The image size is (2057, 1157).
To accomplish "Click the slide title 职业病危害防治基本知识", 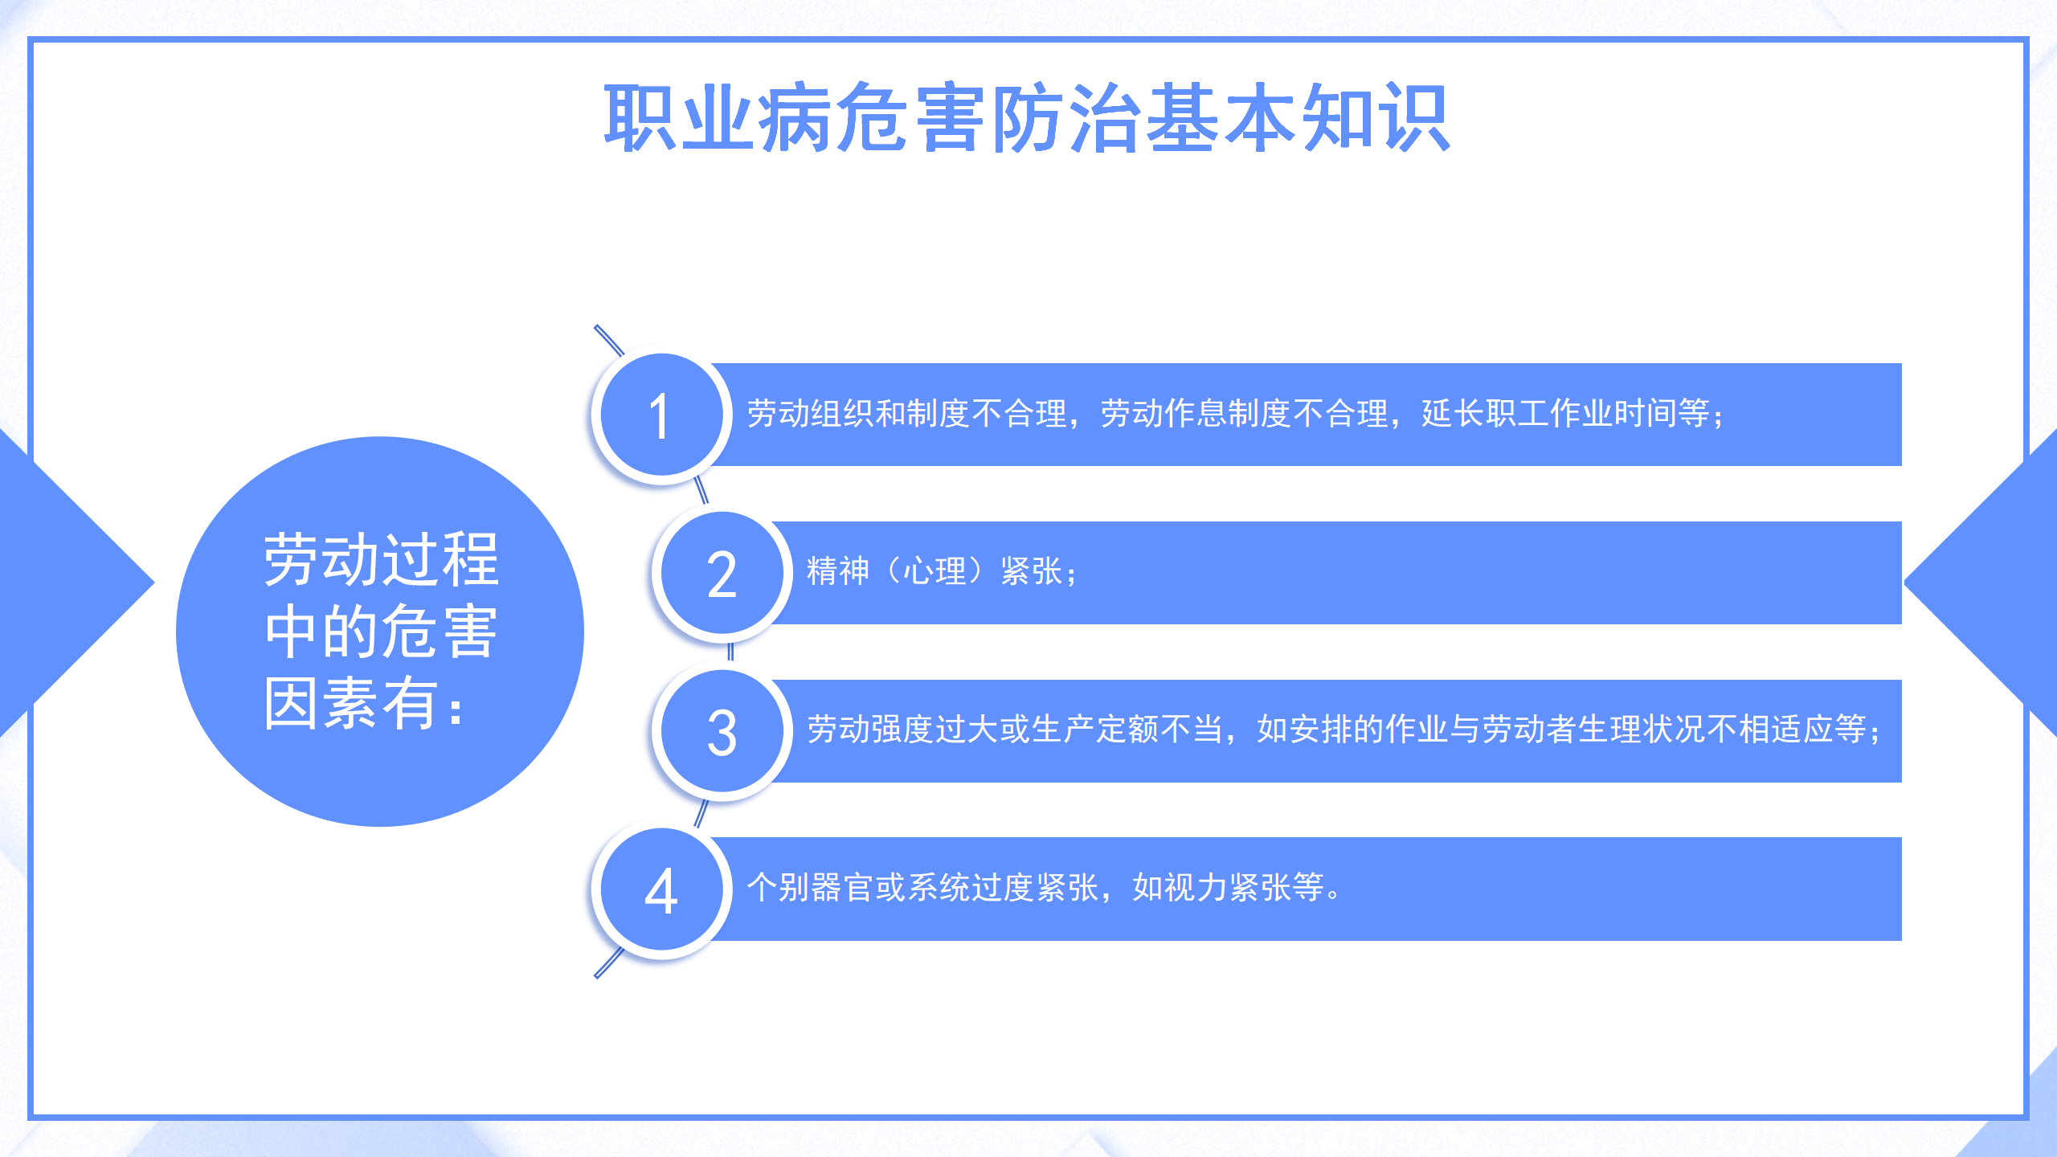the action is (x=1027, y=118).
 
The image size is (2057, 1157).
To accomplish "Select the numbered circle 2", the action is (x=722, y=574).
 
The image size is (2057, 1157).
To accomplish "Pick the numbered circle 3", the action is (x=722, y=732).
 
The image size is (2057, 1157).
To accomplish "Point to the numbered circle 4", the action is (x=661, y=890).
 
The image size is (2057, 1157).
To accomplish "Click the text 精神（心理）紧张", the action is (x=934, y=572).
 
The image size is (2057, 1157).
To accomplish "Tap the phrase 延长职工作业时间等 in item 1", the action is (x=1565, y=414).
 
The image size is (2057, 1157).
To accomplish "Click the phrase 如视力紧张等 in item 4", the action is (x=1228, y=888).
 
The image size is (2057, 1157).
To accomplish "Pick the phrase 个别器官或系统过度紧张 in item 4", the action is (x=922, y=888).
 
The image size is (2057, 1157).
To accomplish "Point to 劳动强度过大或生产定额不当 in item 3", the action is (x=1015, y=730).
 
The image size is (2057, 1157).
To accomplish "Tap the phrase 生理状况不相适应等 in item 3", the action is (x=1722, y=730).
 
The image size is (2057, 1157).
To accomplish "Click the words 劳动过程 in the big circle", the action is (x=382, y=560).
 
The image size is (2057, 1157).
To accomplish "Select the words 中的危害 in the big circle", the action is (x=382, y=632).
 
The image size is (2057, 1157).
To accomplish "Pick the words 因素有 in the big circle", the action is (x=350, y=703).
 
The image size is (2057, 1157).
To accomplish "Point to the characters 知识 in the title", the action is (x=1376, y=118).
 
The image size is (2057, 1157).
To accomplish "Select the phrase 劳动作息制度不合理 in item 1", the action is (x=1244, y=414).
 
